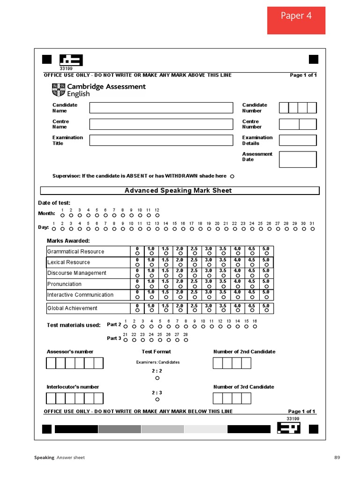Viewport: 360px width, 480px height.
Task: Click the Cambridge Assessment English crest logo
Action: [59, 90]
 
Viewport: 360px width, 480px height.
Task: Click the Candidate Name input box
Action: [161, 108]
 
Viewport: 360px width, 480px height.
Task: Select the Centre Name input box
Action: [161, 124]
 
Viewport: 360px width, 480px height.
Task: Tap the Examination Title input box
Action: [161, 140]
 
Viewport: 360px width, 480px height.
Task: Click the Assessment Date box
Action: [298, 159]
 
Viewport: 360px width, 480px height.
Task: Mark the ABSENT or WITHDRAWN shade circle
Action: [232, 176]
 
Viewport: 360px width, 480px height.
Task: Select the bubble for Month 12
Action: [157, 216]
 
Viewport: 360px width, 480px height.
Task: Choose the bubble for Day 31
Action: [312, 229]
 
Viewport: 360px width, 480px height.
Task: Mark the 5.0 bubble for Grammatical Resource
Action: [266, 254]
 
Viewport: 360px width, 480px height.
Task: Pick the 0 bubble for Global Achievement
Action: [137, 310]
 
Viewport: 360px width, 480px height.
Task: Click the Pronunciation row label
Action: [64, 284]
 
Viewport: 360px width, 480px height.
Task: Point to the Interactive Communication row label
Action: [80, 295]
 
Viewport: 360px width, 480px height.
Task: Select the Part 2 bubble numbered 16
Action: [255, 326]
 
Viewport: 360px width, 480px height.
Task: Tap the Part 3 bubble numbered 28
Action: [186, 339]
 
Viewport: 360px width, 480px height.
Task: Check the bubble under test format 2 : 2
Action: [157, 378]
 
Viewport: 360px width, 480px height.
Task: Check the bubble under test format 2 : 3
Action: [157, 399]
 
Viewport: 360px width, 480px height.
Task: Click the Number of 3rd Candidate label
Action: [244, 387]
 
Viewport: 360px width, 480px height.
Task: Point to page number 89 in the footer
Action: [337, 457]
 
